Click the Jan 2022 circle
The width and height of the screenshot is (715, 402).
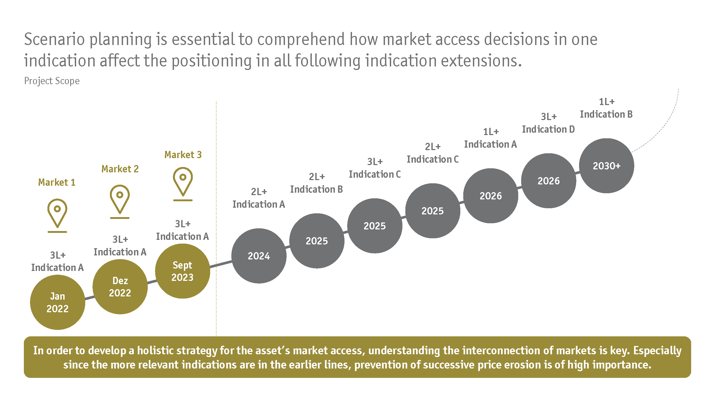pos(57,302)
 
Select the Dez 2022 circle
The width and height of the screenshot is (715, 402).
pos(120,286)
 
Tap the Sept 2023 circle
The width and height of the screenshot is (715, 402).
pos(182,271)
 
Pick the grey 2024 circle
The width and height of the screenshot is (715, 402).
pos(259,256)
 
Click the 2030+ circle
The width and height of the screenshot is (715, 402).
pos(606,166)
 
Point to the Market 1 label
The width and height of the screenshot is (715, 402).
pos(57,182)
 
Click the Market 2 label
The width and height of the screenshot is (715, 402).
pos(120,169)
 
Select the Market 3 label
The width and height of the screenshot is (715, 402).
pos(183,155)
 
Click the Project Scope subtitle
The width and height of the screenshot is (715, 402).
pos(52,81)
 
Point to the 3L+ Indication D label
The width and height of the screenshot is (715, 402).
pos(549,123)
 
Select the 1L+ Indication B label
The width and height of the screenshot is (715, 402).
pos(606,108)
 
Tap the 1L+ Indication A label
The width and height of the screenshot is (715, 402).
pos(490,138)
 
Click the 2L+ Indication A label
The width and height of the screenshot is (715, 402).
pos(259,198)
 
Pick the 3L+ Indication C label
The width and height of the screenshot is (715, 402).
pos(375,168)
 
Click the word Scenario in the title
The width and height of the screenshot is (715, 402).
pos(54,39)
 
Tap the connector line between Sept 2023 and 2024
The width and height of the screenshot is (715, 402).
pos(221,263)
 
